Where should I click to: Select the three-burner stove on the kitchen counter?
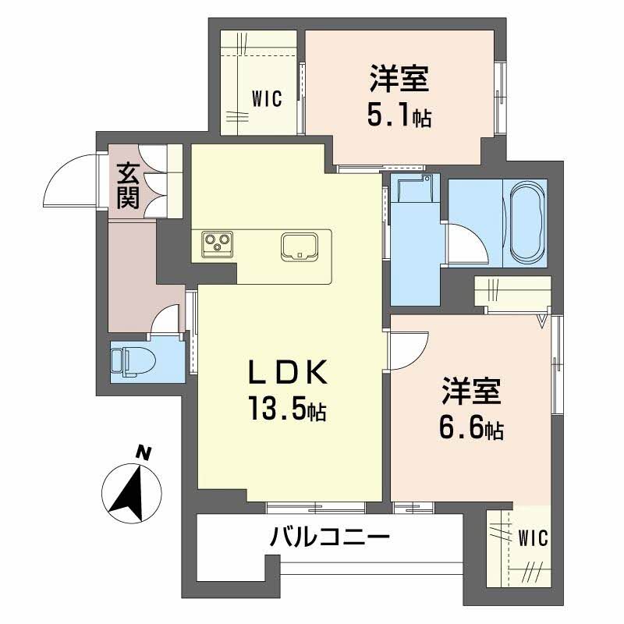tap(215, 244)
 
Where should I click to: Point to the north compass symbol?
tap(132, 491)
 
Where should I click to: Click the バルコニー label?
tap(330, 537)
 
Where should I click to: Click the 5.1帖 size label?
tap(399, 117)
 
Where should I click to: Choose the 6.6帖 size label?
tap(471, 427)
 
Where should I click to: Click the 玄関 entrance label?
tap(129, 185)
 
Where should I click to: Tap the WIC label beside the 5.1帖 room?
tap(266, 99)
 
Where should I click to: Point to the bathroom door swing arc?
tap(465, 243)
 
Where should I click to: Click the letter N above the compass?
tap(142, 451)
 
